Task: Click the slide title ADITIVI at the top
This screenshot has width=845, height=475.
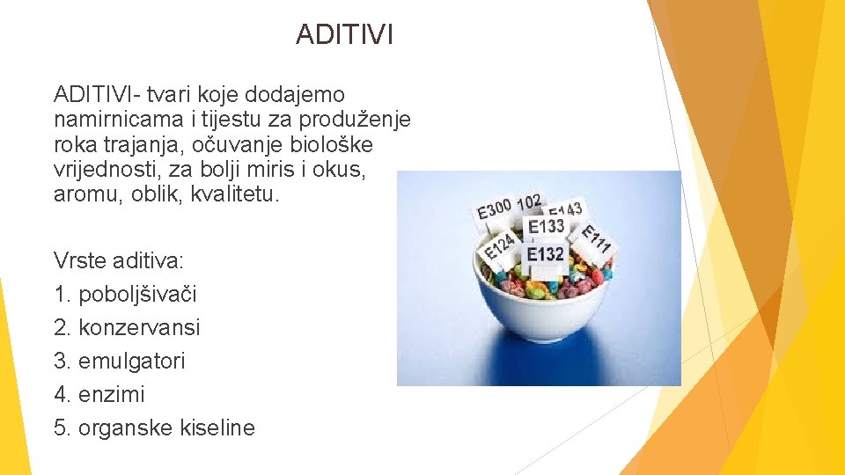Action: pyautogui.click(x=345, y=34)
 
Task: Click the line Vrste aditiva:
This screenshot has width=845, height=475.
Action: pyautogui.click(x=118, y=260)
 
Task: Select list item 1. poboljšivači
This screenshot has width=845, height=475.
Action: pyautogui.click(x=126, y=294)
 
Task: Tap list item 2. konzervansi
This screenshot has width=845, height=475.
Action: pyautogui.click(x=127, y=327)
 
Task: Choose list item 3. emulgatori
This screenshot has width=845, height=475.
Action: pyautogui.click(x=120, y=361)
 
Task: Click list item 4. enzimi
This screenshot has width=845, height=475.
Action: pyautogui.click(x=99, y=394)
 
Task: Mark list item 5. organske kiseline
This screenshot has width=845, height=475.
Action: pyautogui.click(x=154, y=428)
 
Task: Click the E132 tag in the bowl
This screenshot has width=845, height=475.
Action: pyautogui.click(x=546, y=254)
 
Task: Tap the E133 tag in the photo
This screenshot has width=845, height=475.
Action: pyautogui.click(x=546, y=226)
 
